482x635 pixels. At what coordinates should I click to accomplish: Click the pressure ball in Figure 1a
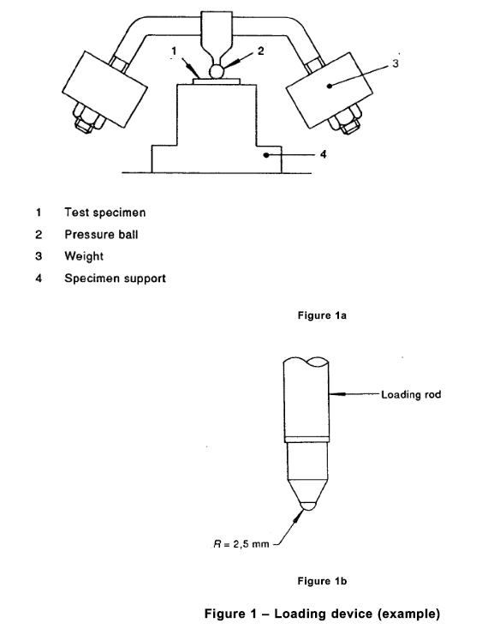[216, 72]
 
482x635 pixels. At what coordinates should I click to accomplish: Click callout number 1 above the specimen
[174, 51]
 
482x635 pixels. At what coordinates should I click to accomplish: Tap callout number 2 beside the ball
[261, 51]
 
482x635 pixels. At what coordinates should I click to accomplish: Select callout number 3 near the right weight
[396, 63]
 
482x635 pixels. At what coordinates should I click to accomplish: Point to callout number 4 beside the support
[323, 154]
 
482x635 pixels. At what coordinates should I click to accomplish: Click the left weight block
[104, 89]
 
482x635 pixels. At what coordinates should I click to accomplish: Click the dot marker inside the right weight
[330, 86]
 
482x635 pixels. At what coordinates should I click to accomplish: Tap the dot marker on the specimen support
[266, 155]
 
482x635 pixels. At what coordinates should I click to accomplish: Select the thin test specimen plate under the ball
[216, 81]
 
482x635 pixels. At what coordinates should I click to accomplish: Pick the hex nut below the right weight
[345, 119]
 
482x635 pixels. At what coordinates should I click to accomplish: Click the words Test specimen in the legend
[104, 213]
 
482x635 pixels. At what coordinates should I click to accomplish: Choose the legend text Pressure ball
[101, 235]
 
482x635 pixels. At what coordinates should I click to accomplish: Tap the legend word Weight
[84, 256]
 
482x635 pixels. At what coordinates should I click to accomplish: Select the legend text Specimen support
[115, 279]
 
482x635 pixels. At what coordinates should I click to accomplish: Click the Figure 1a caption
[322, 315]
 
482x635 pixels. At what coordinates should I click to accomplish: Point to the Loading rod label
[411, 394]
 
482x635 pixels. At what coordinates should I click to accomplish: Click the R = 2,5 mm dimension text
[241, 544]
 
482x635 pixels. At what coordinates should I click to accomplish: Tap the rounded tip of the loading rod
[307, 506]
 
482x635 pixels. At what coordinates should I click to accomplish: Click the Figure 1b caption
[322, 581]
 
